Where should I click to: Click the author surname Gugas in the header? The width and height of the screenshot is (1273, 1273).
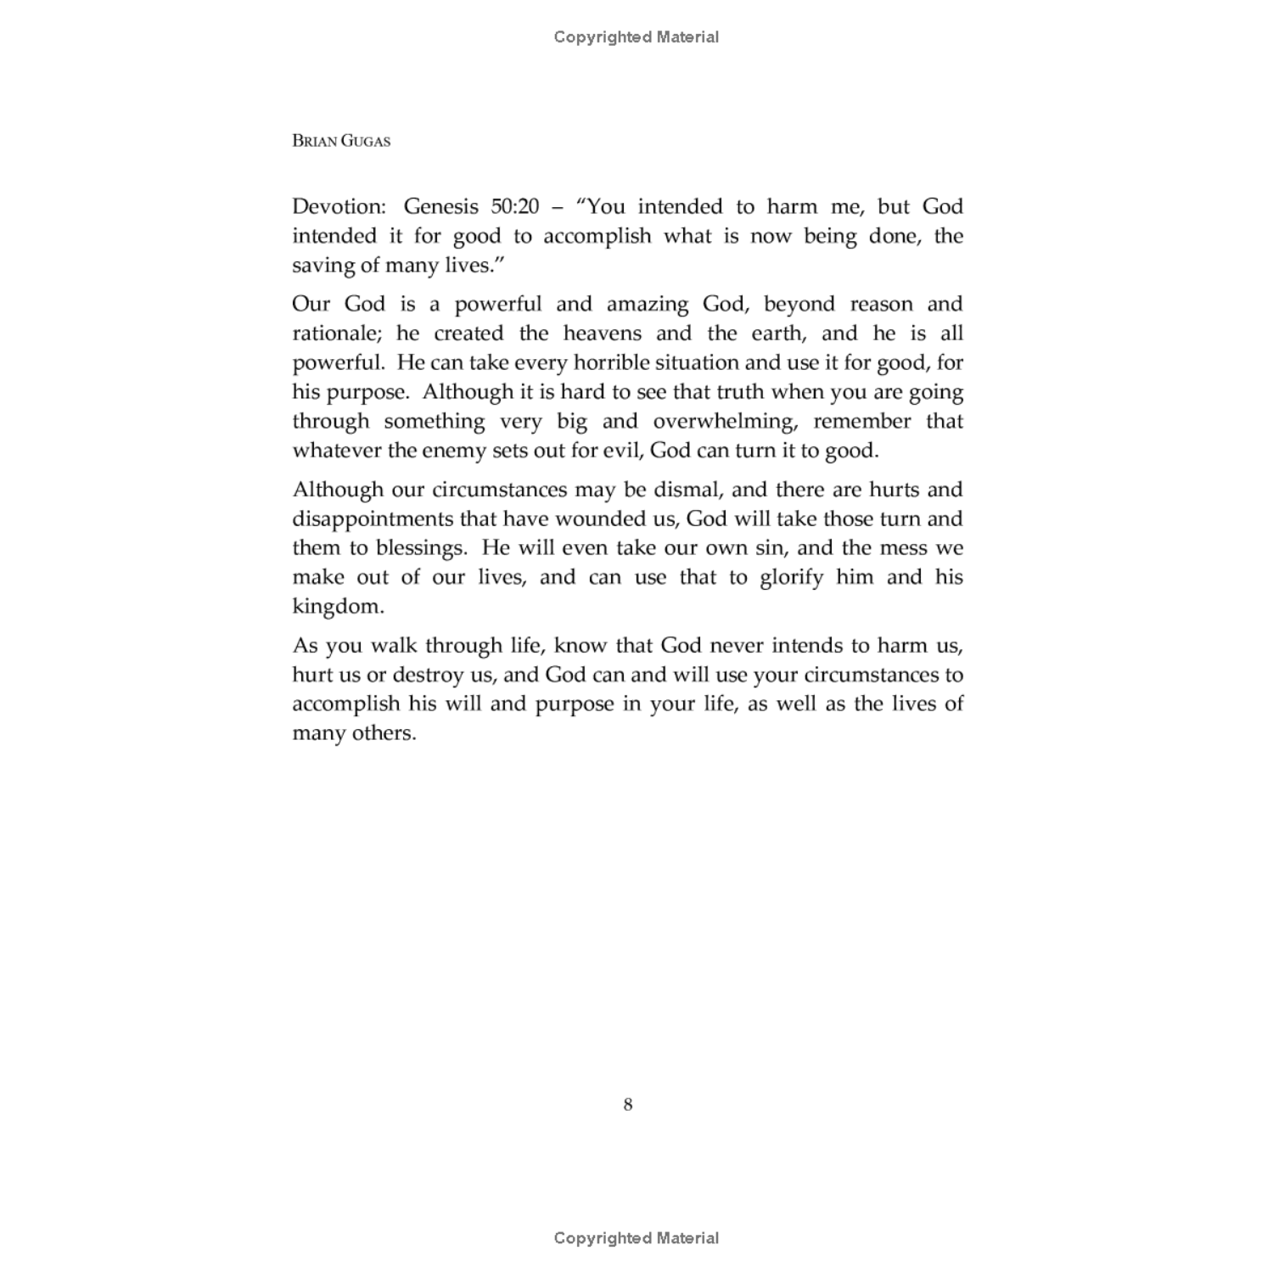pyautogui.click(x=366, y=141)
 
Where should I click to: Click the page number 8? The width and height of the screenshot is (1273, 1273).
pyautogui.click(x=628, y=1105)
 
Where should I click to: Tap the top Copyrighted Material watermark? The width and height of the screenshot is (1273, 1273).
pyautogui.click(x=636, y=36)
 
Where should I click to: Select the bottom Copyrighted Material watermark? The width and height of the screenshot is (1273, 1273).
pyautogui.click(x=636, y=1238)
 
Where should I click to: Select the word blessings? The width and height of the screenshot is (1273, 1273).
pyautogui.click(x=421, y=548)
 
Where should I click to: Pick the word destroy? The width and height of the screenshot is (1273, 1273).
pyautogui.click(x=430, y=675)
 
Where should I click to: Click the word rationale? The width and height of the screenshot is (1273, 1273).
pyautogui.click(x=338, y=334)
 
